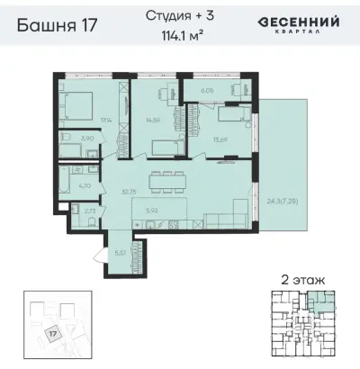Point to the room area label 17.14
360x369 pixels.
(x=105, y=119)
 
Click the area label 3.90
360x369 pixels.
(x=86, y=139)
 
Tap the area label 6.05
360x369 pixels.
(x=206, y=90)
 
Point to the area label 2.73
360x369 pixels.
(x=85, y=212)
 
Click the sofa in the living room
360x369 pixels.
(x=225, y=217)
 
